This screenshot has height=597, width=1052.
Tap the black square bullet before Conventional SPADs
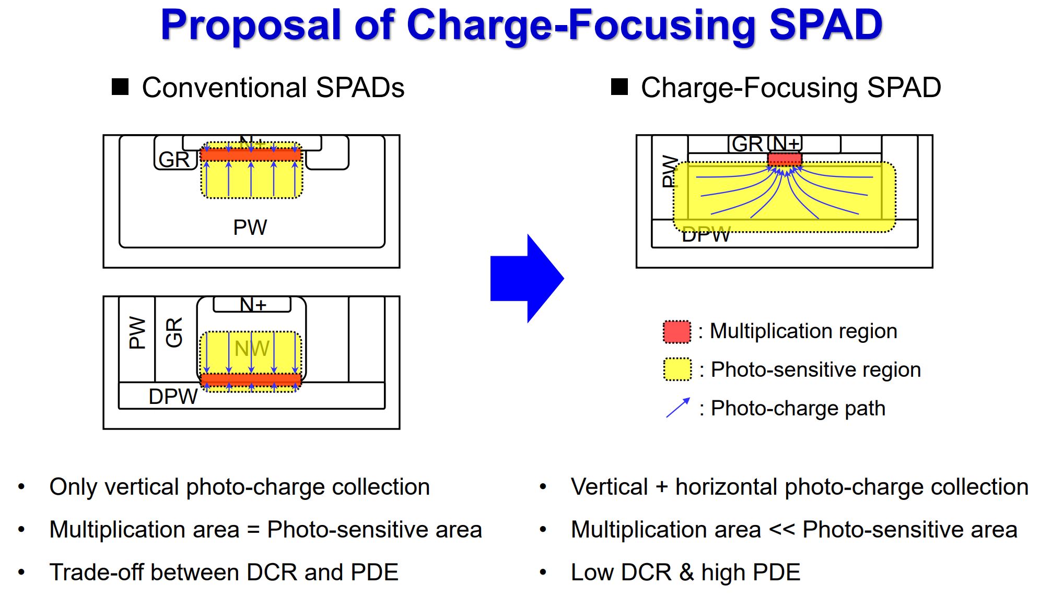coord(120,87)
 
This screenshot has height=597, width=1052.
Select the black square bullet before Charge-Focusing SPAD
coord(619,87)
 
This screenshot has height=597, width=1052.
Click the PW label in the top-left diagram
coord(250,228)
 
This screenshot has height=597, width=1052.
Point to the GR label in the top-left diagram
coord(174,160)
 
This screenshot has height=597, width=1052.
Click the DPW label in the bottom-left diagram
coord(173,397)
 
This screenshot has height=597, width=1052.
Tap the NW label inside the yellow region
coord(252,349)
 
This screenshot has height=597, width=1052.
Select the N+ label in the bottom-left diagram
coord(253,304)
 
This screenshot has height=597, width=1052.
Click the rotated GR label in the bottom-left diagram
coord(174,332)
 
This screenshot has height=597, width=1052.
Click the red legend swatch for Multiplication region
coord(676,332)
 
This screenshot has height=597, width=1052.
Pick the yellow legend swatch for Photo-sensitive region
coord(677,369)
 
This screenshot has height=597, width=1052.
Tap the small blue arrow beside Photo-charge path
coord(678,408)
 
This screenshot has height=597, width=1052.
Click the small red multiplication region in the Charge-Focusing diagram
coord(784,159)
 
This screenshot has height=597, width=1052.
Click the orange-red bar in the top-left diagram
coord(251,155)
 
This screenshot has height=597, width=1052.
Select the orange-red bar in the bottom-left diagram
coord(251,379)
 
